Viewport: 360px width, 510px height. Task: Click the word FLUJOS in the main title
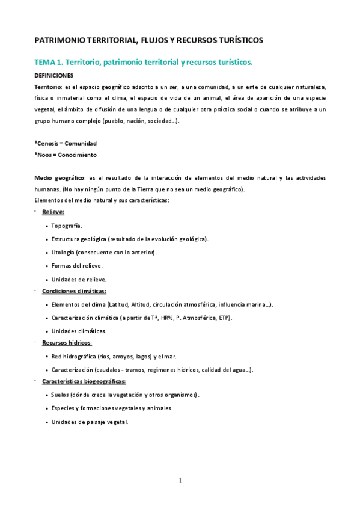156,41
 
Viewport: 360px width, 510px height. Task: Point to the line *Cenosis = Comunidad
66,143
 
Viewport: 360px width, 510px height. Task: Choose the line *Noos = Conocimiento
65,155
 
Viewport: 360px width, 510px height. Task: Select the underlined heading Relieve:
53,212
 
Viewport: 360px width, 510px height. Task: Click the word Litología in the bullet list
63,252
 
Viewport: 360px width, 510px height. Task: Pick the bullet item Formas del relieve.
77,265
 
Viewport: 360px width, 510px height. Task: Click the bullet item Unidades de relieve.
79,279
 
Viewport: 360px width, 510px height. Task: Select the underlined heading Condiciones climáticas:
74,291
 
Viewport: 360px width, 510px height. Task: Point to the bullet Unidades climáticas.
79,331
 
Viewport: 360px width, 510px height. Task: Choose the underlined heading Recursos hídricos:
67,343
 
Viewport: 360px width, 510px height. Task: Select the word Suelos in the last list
61,395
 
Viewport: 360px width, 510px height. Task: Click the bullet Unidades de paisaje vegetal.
90,422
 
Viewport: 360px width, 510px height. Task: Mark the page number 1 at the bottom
180,481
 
